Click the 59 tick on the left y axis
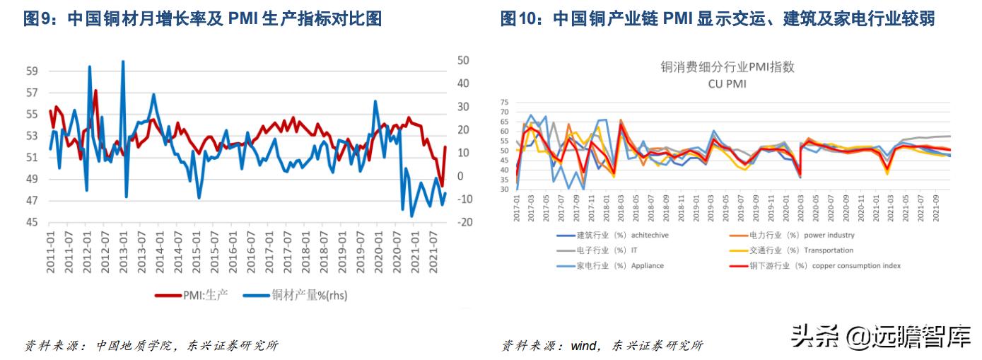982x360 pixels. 31,71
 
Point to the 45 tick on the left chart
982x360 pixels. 31,223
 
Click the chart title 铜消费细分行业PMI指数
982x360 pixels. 727,67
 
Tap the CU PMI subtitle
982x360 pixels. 727,83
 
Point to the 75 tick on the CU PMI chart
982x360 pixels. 504,102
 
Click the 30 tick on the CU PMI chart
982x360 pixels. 504,190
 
